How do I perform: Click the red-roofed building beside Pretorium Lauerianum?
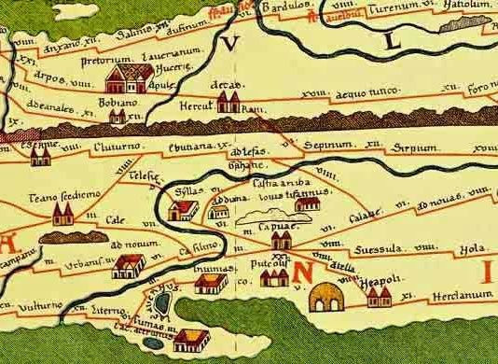tap(122, 77)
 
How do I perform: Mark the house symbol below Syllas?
tap(183, 210)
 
